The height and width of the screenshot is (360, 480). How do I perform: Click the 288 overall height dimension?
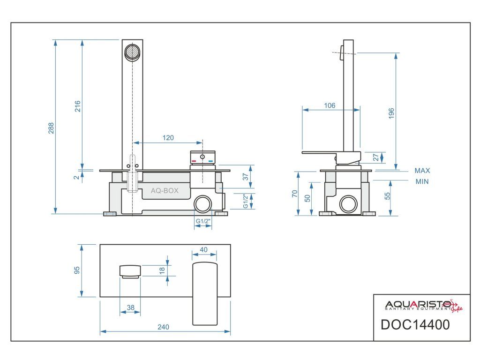coord(51,128)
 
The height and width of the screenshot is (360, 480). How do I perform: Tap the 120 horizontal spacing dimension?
coord(168,138)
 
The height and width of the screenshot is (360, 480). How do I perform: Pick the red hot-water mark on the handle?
coord(194,160)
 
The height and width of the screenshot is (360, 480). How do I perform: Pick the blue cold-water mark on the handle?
coord(210,160)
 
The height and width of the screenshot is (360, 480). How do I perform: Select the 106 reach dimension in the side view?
coord(330,106)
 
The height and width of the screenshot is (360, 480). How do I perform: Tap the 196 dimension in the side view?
coord(391,113)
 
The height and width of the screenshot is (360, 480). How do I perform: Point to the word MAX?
coord(422,171)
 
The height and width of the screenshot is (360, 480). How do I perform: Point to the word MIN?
coord(422,182)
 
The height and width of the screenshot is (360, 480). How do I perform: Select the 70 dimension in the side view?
coord(294,194)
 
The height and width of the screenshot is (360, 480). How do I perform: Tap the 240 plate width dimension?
coord(163,327)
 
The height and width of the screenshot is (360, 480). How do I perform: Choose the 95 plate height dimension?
coord(77,270)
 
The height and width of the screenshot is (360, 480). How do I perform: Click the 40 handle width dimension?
coord(204,250)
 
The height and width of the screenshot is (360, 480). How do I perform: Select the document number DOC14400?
coord(415,324)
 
